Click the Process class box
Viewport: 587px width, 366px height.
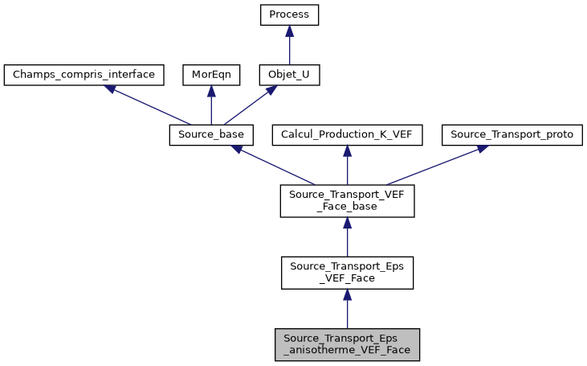(x=290, y=15)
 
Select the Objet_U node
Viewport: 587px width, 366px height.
(x=290, y=76)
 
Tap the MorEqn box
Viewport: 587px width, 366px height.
(x=210, y=76)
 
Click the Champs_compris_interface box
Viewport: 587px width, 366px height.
(x=84, y=76)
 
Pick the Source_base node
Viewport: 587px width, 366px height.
(x=211, y=135)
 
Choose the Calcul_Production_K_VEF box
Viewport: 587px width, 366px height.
(x=347, y=135)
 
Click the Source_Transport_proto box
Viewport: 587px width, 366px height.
(x=512, y=135)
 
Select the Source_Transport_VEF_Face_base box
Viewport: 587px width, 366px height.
(x=347, y=200)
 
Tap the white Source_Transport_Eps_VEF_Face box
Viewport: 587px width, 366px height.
(x=347, y=273)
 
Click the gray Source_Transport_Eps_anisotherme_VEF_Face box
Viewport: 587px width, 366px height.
(x=347, y=344)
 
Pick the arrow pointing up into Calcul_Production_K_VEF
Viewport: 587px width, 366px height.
(x=347, y=166)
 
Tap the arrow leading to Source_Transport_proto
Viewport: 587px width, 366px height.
(x=434, y=165)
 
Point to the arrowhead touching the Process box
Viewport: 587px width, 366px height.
(x=290, y=31)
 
